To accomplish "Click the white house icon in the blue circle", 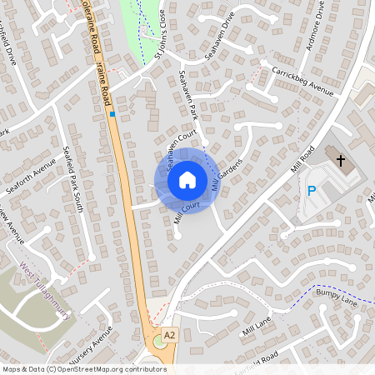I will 187,180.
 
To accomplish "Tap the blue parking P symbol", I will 312,191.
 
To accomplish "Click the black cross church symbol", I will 340,158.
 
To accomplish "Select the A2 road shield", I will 170,334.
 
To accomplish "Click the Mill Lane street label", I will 257,327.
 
